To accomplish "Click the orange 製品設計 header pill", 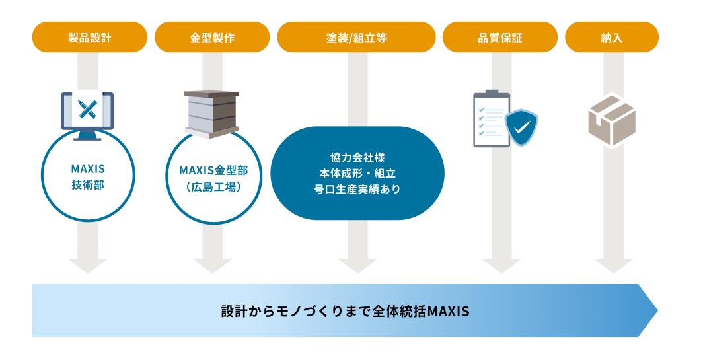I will (x=90, y=37).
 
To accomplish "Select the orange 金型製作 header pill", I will (x=212, y=37).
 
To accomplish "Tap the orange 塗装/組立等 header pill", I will (x=357, y=37).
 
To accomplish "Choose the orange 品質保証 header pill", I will (x=500, y=37).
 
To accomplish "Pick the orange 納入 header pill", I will (x=612, y=37).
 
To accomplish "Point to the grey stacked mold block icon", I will (x=211, y=114).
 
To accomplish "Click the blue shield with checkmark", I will (x=521, y=127).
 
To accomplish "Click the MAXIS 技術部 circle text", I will (x=88, y=177).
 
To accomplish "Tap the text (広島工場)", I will (x=213, y=186).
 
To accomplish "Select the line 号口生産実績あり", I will (x=357, y=189).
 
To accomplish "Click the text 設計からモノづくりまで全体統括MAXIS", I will (x=345, y=311).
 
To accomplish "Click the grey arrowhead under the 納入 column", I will (x=613, y=266).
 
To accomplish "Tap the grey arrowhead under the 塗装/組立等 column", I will (x=357, y=266).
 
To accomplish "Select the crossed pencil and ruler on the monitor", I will (x=87, y=109).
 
